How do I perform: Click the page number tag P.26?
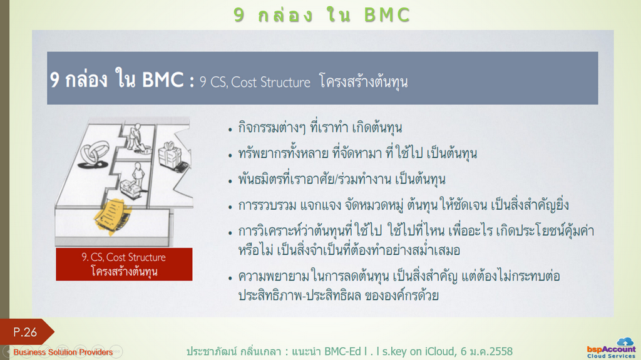coord(25,332)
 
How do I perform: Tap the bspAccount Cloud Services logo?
coord(611,349)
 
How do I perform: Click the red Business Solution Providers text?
coord(63,352)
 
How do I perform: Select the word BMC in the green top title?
coord(387,15)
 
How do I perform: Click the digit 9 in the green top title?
coord(239,15)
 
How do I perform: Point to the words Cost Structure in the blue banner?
coord(270,82)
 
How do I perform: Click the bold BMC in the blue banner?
coord(163,79)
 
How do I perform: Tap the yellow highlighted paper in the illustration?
coord(111,215)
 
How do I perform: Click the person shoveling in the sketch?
coord(138,139)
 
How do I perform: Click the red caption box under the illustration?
coord(124,264)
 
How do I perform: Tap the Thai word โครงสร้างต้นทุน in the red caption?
coord(124,271)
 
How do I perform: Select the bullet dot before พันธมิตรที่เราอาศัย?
coord(230,182)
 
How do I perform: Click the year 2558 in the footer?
coord(501,351)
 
